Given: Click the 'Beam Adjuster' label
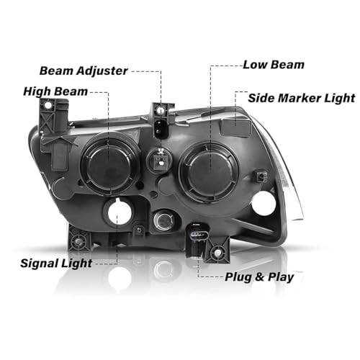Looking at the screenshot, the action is pos(84,71).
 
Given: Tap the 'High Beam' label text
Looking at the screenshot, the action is pos(55,91).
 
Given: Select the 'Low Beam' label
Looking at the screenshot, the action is pos(274,65).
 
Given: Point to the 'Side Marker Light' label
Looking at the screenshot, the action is pos(302,98).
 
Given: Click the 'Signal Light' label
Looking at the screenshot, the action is pos(56,264).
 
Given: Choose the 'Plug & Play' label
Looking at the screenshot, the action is pos(259,277).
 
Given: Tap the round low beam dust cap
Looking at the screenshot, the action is pos(209,171).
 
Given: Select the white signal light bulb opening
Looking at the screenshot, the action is pos(120,212).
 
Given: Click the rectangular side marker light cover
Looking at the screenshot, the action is pos(236,127).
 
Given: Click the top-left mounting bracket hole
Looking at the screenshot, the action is pos(48,105).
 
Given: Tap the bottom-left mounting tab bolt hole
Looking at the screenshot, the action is pos(77,240).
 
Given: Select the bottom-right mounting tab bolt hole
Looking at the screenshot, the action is pos(217,251).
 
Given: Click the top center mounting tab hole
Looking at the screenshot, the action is pos(161,110).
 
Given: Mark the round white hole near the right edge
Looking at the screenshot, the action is pos(264,203).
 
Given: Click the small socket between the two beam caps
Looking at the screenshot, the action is pos(160,159).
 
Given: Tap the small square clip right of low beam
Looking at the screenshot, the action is pos(261,177).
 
